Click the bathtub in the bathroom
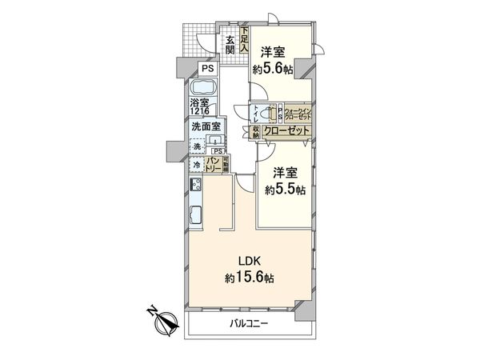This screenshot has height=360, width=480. [205, 87]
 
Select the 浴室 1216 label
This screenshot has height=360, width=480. [200, 108]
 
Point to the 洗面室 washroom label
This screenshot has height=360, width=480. [206, 126]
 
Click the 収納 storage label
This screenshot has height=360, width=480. [256, 131]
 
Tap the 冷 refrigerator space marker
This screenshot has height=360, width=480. [196, 165]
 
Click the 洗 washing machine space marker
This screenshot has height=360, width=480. [196, 146]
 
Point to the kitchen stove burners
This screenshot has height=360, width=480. [196, 186]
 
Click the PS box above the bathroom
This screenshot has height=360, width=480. [206, 68]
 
